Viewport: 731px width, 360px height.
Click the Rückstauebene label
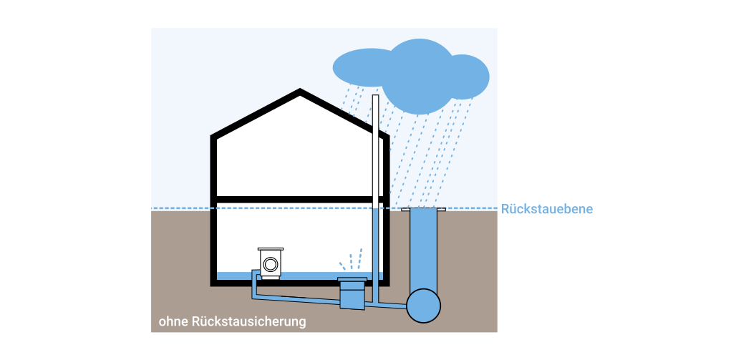tap(547, 209)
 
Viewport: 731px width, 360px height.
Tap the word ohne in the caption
tap(173, 321)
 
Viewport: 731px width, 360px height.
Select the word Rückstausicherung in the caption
tap(248, 321)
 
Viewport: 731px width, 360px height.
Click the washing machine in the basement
tap(271, 262)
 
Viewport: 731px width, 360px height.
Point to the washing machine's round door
tap(271, 264)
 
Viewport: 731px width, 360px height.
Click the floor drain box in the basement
tap(352, 292)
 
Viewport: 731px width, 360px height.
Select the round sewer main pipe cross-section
tap(423, 306)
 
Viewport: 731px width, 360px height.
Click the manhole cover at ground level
tap(423, 209)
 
